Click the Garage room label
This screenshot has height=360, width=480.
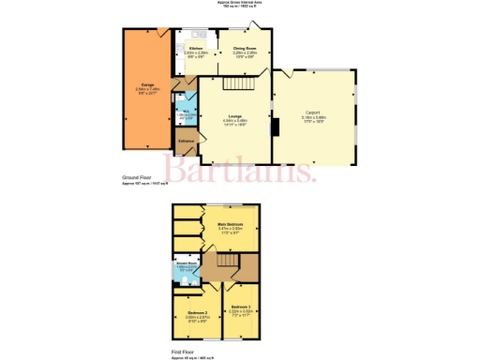pyautogui.click(x=146, y=86)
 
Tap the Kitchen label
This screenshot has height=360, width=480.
pyautogui.click(x=196, y=47)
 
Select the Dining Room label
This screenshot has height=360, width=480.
pyautogui.click(x=245, y=47)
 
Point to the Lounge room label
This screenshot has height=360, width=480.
pyautogui.click(x=234, y=115)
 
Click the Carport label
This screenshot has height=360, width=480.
pyautogui.click(x=314, y=112)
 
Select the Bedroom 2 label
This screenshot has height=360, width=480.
pyautogui.click(x=196, y=312)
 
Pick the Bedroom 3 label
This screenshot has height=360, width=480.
pyautogui.click(x=242, y=307)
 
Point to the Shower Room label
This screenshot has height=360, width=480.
pyautogui.click(x=184, y=263)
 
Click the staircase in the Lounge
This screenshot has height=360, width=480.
pyautogui.click(x=243, y=85)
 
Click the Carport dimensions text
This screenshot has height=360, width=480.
pyautogui.click(x=314, y=118)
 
